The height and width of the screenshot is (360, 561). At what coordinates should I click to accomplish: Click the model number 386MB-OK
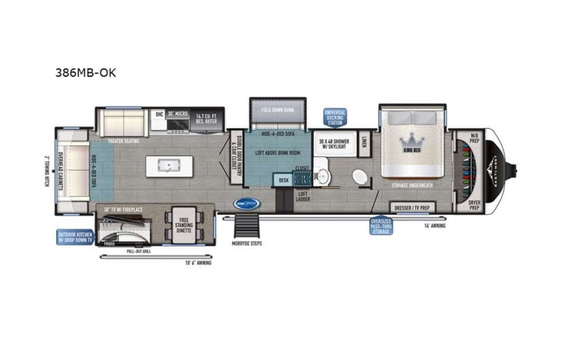tap(85, 74)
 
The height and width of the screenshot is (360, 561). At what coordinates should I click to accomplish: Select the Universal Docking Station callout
tap(335, 117)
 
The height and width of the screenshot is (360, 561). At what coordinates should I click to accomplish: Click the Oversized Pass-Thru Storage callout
tap(381, 226)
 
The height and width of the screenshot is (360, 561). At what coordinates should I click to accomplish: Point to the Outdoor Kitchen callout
tap(74, 237)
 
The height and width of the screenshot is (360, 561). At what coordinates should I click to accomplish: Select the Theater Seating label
tap(122, 141)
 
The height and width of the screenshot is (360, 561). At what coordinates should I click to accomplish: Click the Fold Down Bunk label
tap(277, 110)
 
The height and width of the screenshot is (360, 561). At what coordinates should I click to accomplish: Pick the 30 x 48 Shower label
tap(334, 144)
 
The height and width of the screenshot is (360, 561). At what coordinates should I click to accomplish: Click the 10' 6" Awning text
tap(198, 263)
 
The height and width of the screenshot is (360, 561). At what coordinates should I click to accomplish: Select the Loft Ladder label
tap(302, 196)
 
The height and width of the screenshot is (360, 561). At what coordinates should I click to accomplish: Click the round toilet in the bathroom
tap(360, 177)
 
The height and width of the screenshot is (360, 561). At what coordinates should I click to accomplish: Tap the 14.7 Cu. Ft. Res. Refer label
tap(206, 117)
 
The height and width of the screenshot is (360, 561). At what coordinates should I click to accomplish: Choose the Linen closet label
tap(364, 141)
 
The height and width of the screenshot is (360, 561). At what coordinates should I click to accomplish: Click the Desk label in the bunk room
tap(283, 180)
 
